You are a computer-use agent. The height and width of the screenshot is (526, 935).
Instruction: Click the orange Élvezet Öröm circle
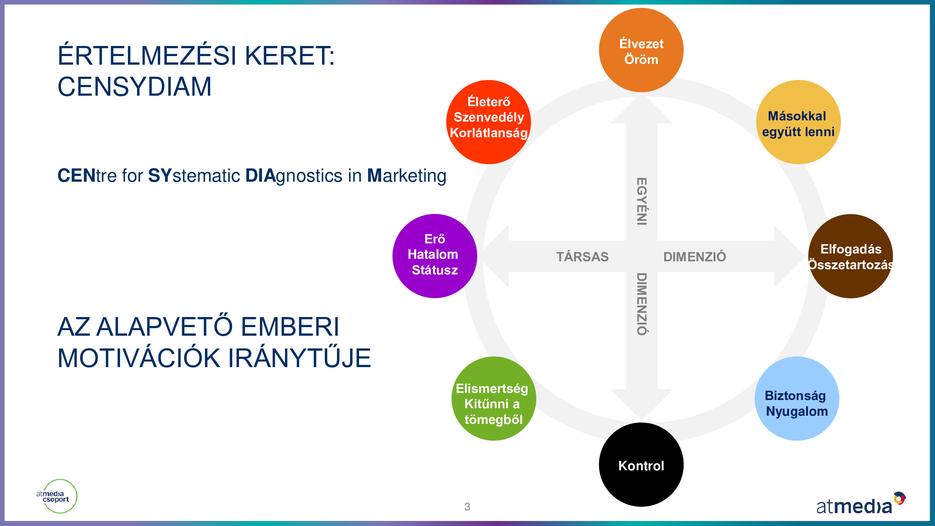(641, 50)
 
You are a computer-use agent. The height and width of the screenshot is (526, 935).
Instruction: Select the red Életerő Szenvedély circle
(488, 122)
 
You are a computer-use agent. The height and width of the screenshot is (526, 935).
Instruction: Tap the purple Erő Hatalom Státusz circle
(435, 256)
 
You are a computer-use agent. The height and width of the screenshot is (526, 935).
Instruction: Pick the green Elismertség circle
(494, 399)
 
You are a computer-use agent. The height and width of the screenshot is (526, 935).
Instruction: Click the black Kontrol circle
(641, 465)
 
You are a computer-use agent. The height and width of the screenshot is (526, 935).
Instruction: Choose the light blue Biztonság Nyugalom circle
(797, 399)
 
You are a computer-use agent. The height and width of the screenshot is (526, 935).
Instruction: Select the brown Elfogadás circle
(850, 256)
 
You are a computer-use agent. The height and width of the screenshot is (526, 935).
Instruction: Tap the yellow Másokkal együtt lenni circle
(798, 122)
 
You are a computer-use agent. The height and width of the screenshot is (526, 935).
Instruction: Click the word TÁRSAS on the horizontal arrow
(582, 257)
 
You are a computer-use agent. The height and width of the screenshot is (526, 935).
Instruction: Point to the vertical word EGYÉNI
(642, 202)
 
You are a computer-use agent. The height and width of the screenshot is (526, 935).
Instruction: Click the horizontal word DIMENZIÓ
(695, 257)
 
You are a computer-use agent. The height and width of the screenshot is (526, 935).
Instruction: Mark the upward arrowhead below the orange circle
(642, 110)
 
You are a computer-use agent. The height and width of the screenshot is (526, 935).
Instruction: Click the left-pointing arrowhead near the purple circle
(497, 256)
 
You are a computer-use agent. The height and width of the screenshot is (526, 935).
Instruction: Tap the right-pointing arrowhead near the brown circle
(788, 256)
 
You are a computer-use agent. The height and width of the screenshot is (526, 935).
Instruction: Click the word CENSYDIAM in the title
(134, 87)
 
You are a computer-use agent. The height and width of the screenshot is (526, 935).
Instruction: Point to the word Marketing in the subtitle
(407, 176)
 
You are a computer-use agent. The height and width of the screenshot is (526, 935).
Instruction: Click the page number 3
(467, 507)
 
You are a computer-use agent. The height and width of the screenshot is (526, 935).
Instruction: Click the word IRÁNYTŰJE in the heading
(299, 358)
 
